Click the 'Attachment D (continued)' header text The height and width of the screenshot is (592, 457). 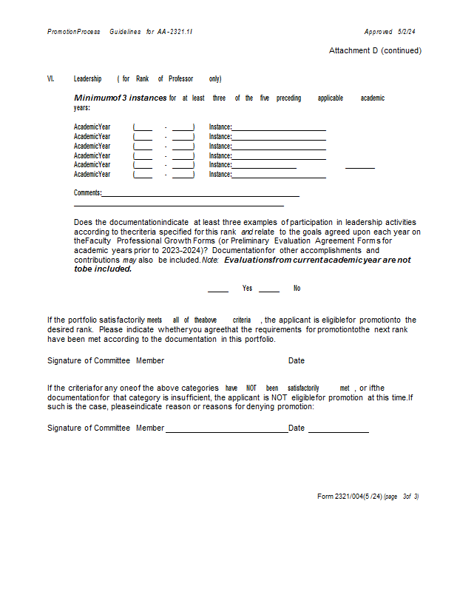pyautogui.click(x=375, y=50)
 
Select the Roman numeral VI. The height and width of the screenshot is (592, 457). pyautogui.click(x=50, y=78)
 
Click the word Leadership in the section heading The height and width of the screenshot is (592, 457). pyautogui.click(x=87, y=78)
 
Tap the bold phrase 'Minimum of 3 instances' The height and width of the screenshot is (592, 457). pyautogui.click(x=121, y=98)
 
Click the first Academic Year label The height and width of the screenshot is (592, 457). pyautogui.click(x=92, y=127)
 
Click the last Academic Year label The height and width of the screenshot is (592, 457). pyautogui.click(x=92, y=174)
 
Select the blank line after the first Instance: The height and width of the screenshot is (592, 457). pyautogui.click(x=279, y=129)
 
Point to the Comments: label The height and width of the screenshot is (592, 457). pyautogui.click(x=87, y=193)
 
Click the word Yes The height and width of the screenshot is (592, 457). pyautogui.click(x=247, y=289)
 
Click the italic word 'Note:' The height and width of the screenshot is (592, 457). pyautogui.click(x=211, y=260)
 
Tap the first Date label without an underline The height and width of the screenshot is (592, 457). pyautogui.click(x=297, y=360)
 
